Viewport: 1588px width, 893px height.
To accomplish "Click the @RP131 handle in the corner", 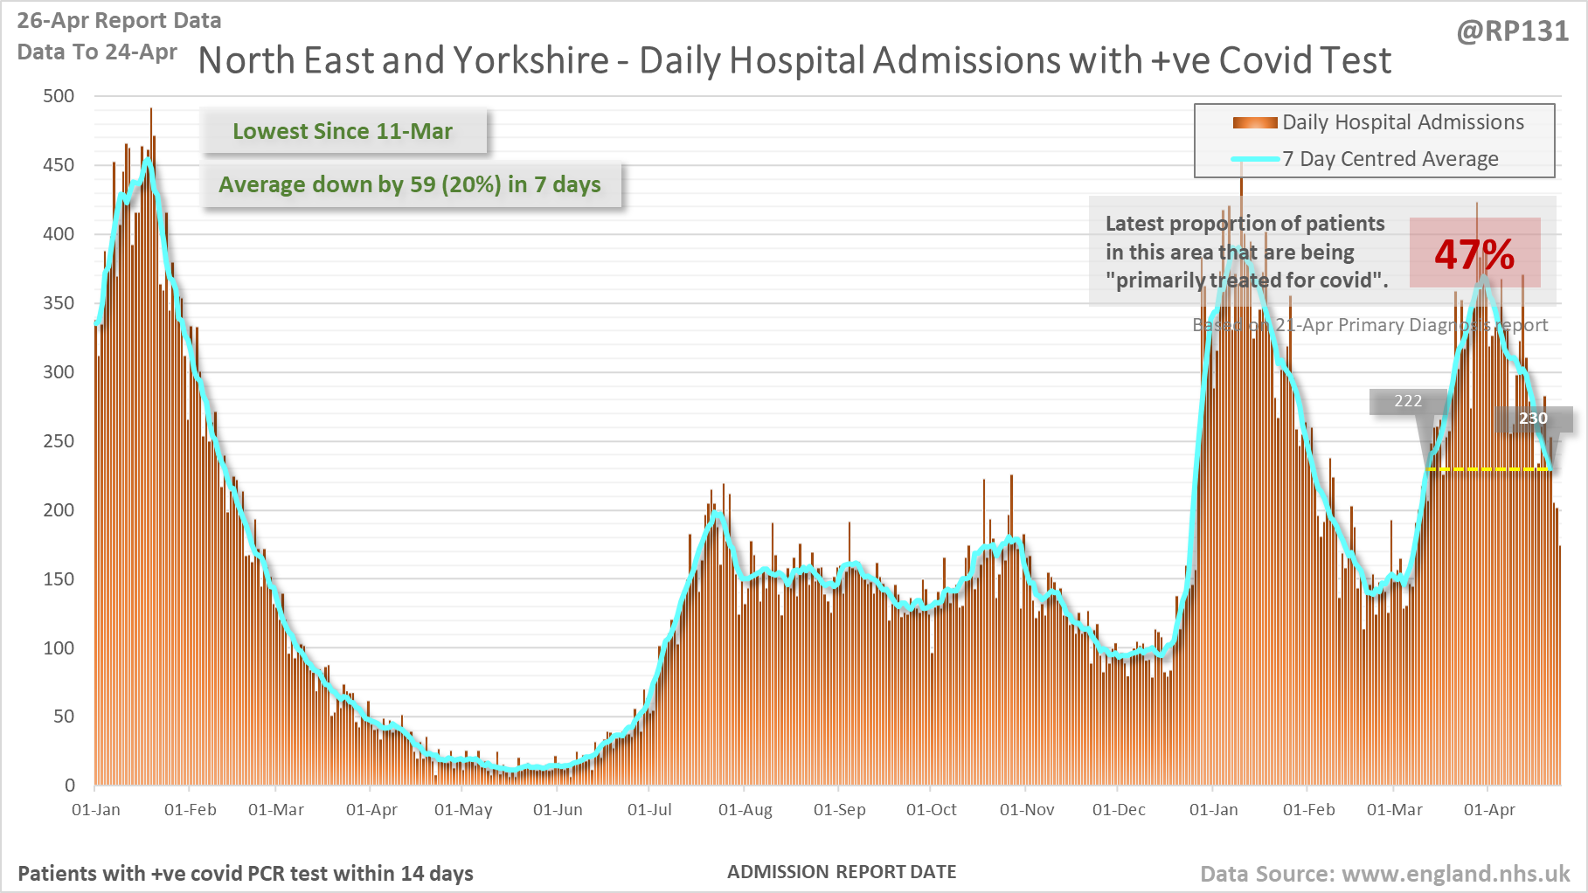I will point(1513,31).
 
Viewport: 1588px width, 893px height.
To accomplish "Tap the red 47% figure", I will point(1474,254).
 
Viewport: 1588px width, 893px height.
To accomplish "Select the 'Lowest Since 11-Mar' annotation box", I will point(343,131).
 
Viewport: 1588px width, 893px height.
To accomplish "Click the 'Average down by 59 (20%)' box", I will point(410,184).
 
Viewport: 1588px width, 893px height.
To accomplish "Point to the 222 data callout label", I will point(1407,401).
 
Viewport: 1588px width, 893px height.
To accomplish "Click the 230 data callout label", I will point(1533,419).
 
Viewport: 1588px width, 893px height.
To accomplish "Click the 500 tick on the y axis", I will point(59,96).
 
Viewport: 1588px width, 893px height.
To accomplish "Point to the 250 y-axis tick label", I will point(59,441).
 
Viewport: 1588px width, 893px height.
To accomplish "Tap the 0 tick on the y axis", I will point(70,786).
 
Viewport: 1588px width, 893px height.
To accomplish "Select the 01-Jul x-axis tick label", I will point(649,810).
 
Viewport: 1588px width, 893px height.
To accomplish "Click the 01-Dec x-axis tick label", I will point(1119,810).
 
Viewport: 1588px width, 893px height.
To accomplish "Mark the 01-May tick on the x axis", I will point(463,810).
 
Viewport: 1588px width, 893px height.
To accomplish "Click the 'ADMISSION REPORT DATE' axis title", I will point(842,872).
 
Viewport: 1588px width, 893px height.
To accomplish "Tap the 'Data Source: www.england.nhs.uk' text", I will point(1384,874).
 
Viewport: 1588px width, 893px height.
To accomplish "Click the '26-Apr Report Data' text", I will point(119,20).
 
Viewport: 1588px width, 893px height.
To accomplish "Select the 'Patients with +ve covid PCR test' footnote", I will point(246,874).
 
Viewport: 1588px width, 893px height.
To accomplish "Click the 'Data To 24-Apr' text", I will point(97,52).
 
